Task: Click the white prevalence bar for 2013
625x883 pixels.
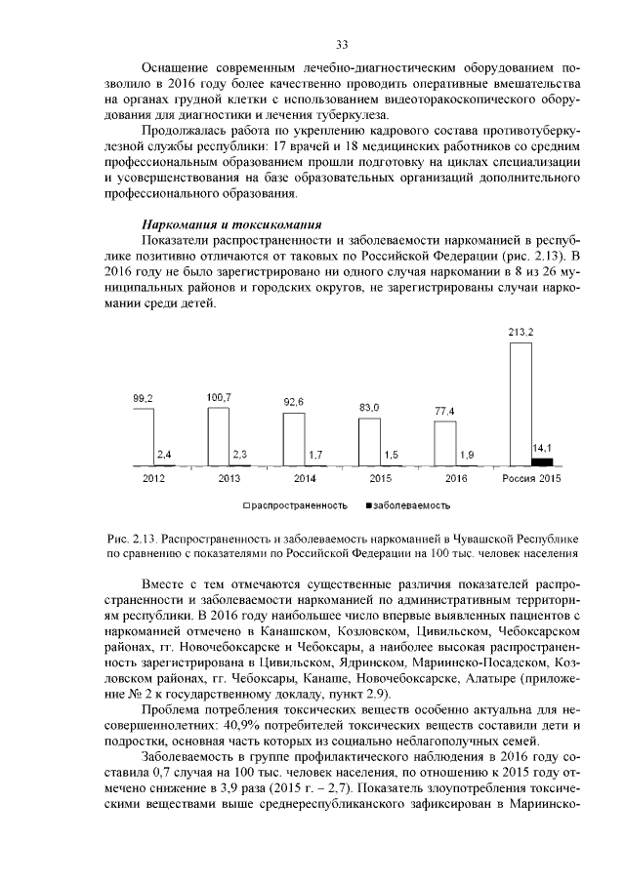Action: click(x=219, y=437)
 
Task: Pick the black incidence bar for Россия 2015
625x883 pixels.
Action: click(x=542, y=462)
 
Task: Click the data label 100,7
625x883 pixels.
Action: click(x=219, y=398)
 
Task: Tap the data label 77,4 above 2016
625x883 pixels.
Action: click(x=445, y=412)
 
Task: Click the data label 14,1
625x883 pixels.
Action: click(x=542, y=448)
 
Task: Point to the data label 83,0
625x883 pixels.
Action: click(x=369, y=407)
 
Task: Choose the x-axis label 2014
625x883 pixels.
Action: click(x=305, y=479)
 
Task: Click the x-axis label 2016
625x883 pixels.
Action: click(x=456, y=479)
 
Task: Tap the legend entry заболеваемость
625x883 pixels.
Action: click(x=411, y=505)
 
